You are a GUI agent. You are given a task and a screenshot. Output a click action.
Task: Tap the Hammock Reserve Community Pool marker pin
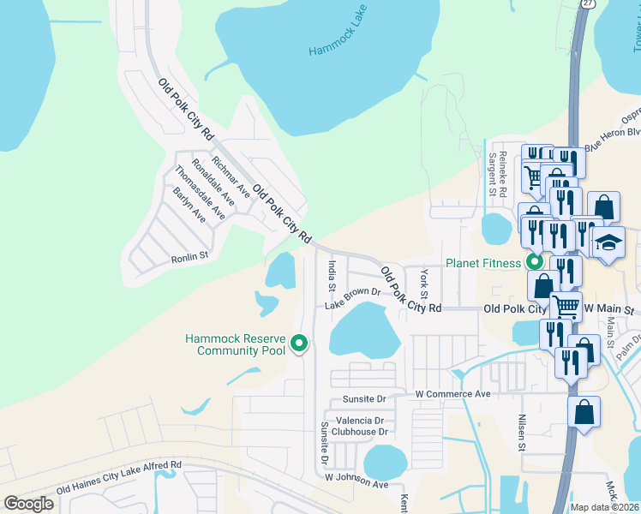coord(299,343)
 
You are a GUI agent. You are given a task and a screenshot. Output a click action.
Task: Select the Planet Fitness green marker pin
coord(536,262)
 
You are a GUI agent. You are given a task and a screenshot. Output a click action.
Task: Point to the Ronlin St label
coord(189,255)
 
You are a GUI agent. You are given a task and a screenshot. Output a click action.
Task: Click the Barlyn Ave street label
coord(189,204)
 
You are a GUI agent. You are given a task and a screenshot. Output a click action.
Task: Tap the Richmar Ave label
coord(231,176)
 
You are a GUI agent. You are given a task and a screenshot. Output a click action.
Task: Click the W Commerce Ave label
coord(452,394)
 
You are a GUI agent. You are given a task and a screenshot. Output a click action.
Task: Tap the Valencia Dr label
coord(360,421)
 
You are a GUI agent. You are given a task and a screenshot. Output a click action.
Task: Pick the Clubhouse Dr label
coord(360,432)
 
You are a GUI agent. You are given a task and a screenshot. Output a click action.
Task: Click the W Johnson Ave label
coord(356,483)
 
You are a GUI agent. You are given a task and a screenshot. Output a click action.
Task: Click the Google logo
coord(29,504)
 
